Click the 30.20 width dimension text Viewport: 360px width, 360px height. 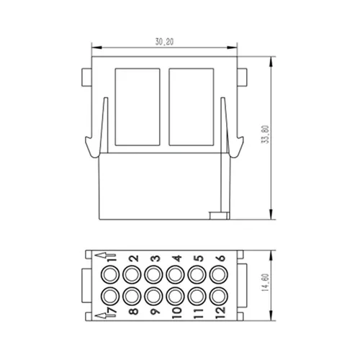click(x=164, y=42)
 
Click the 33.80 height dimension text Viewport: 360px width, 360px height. click(x=266, y=135)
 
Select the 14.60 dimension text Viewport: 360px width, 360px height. click(x=266, y=283)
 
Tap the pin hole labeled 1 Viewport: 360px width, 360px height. click(x=110, y=274)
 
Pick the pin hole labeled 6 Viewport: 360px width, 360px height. click(x=219, y=274)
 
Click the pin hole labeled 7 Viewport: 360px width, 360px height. click(x=110, y=296)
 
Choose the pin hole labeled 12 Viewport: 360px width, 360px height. click(x=219, y=296)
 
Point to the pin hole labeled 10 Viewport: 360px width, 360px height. click(x=175, y=296)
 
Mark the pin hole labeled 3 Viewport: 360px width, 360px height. click(x=153, y=274)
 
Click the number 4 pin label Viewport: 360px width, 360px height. click(x=177, y=258)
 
